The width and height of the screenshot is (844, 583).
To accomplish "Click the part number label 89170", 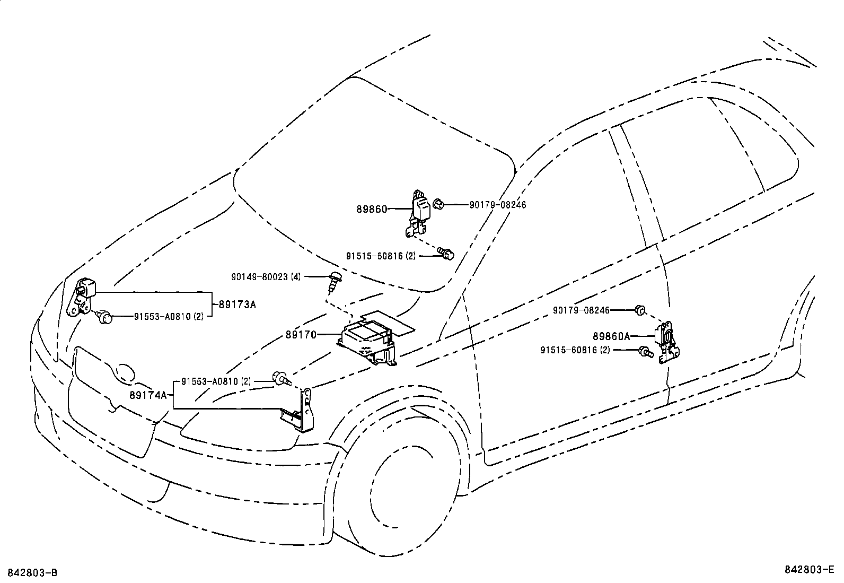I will tap(301, 335).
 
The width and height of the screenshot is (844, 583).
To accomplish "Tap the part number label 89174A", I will tap(148, 395).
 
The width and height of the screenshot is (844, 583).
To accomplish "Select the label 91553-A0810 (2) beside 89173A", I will tap(168, 317).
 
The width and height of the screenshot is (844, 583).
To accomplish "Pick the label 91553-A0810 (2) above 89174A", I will tap(216, 381).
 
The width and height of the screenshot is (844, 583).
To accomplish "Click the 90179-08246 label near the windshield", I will tap(498, 205).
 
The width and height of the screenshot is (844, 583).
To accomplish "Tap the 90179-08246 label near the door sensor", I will tap(581, 310).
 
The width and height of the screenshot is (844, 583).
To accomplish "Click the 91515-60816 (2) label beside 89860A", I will tap(575, 350).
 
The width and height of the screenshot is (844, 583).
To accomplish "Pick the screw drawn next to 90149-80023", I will tap(333, 281).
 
